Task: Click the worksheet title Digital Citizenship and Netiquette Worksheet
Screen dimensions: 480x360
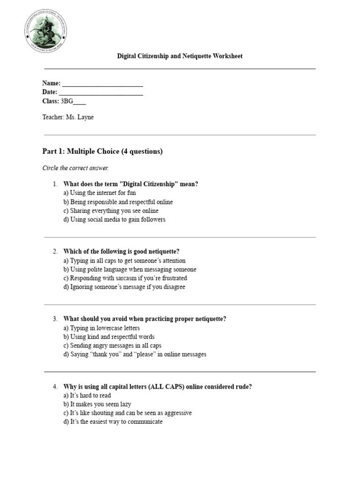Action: [180, 56]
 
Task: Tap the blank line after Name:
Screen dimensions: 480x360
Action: [102, 84]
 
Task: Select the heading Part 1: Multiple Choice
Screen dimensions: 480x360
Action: [102, 151]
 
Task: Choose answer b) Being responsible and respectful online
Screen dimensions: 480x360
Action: [118, 202]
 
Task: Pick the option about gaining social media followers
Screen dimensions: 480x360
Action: [114, 219]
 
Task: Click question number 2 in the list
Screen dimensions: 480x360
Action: [55, 252]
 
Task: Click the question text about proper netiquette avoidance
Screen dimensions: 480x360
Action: [144, 319]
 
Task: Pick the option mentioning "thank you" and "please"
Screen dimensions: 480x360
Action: [135, 354]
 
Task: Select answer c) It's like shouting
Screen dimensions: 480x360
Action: [127, 413]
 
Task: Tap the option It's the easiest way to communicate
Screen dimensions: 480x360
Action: [113, 422]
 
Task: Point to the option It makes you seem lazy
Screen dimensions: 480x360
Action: [97, 404]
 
